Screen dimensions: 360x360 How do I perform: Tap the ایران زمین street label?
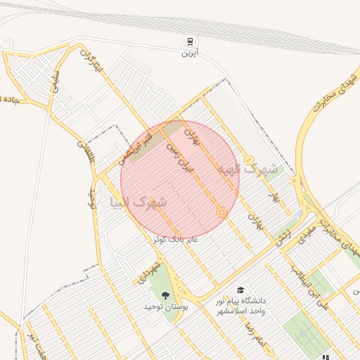178,159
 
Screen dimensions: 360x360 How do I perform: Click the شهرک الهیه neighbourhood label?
247,169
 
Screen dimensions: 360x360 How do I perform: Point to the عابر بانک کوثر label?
176,240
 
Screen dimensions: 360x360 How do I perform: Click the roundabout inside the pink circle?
221,212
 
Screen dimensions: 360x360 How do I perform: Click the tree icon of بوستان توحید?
166,295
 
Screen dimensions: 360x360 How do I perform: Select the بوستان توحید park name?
165,307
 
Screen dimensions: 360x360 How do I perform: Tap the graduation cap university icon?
240,290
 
